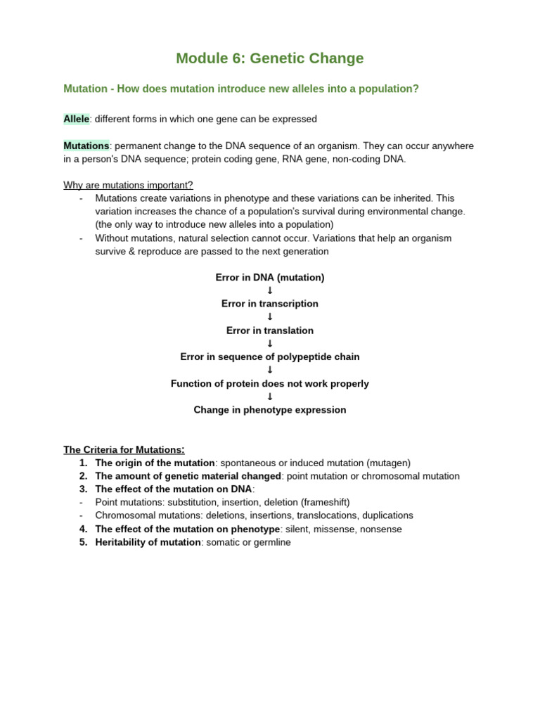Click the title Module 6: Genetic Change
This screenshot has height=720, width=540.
point(270,58)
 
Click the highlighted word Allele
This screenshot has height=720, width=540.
point(77,119)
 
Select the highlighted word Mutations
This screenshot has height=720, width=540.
point(86,146)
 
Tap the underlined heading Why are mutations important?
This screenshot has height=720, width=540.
point(128,185)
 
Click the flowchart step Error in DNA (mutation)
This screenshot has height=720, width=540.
point(270,278)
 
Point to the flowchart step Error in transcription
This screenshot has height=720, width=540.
point(270,304)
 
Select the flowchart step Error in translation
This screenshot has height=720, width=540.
point(270,330)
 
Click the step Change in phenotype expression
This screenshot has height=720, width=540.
point(270,410)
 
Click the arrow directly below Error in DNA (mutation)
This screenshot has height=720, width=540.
point(270,291)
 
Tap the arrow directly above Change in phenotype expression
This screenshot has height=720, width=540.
point(270,397)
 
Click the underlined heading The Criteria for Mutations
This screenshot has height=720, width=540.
point(124,450)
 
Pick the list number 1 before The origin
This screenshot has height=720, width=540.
point(83,463)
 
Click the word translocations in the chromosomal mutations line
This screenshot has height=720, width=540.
point(325,515)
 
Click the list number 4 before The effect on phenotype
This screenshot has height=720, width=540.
point(83,529)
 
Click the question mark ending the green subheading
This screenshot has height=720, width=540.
point(416,89)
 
